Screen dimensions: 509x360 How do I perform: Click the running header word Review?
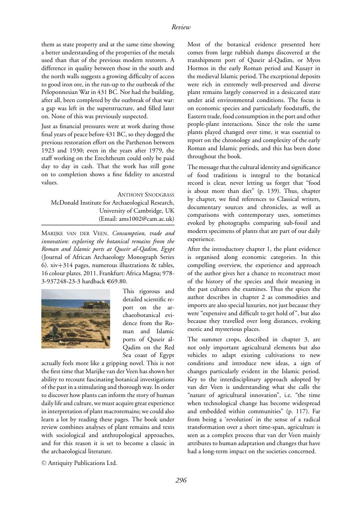[181, 27]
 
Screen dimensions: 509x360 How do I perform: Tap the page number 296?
[181, 481]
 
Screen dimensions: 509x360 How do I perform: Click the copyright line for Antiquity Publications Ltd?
[79, 463]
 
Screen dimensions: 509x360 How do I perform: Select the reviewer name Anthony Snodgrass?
[146, 195]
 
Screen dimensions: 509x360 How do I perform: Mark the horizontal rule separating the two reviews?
[107, 224]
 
